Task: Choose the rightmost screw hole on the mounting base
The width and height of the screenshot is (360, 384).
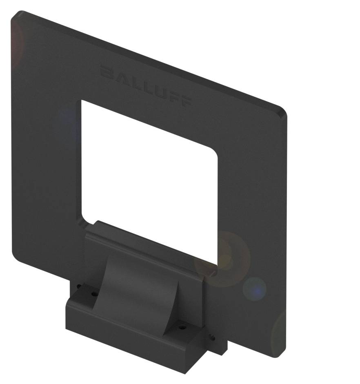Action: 213,337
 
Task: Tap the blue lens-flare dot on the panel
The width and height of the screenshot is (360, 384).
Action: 254,288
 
